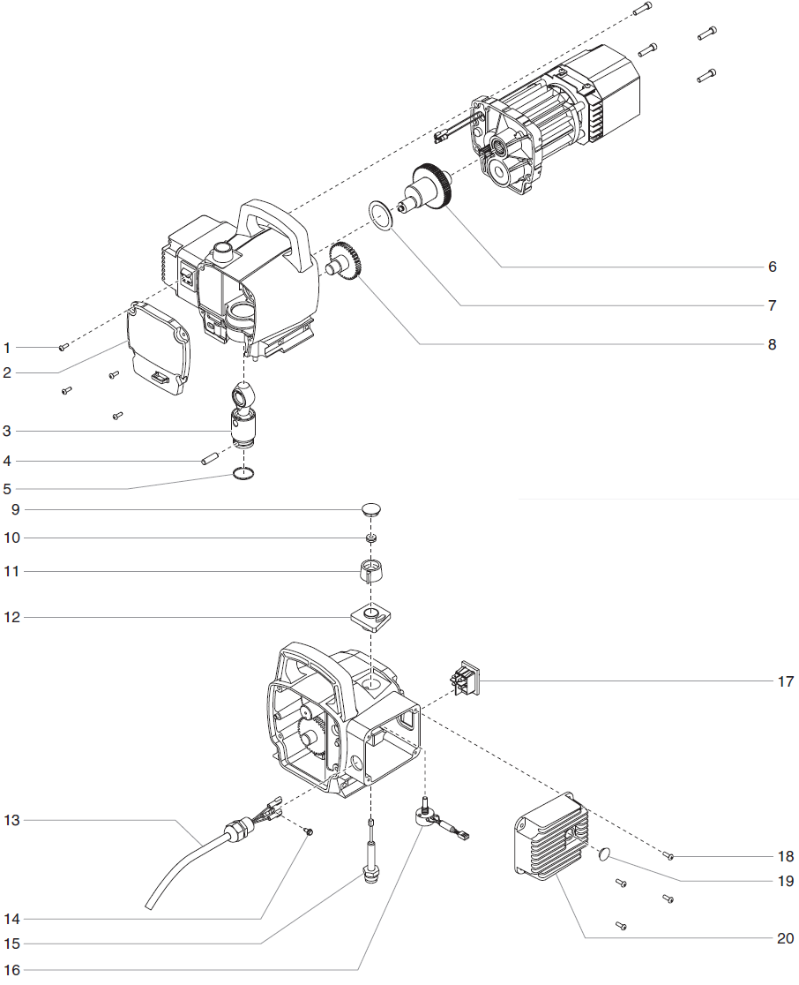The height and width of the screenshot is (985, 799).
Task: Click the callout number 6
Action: [x=772, y=267]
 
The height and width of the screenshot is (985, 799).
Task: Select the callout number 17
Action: [x=785, y=681]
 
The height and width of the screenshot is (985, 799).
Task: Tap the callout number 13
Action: [x=11, y=820]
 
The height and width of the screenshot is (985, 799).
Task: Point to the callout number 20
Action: [x=785, y=938]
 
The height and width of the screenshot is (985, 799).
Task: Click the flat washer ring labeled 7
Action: [x=382, y=214]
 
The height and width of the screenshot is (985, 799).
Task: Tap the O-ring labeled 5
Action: [x=245, y=475]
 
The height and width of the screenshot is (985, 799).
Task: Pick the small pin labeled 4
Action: [x=210, y=458]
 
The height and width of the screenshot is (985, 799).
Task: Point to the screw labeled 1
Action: [x=63, y=347]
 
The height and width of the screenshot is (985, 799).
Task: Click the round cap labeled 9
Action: [x=372, y=509]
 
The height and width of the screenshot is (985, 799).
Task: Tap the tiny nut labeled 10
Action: [x=372, y=538]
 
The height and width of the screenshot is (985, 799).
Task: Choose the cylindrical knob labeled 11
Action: [x=372, y=571]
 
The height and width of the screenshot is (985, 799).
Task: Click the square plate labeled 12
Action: [x=370, y=616]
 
